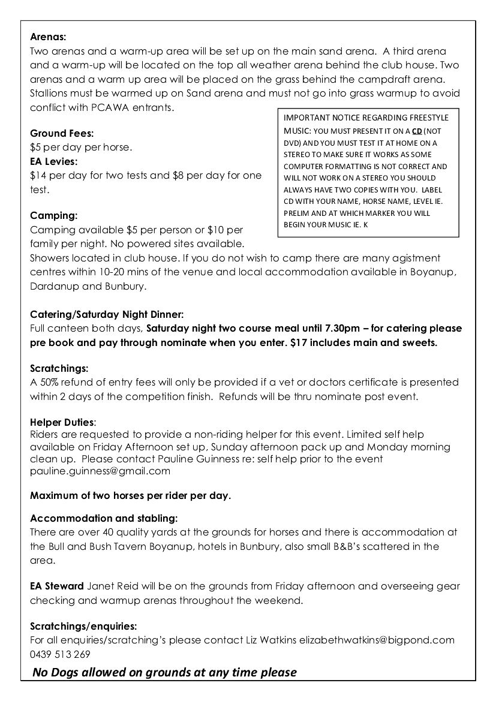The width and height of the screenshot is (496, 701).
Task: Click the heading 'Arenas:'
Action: pos(48,37)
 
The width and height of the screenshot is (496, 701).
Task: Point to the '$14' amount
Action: pos(37,176)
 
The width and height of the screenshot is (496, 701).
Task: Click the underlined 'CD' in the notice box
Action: pos(416,131)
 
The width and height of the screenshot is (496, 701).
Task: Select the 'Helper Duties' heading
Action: pos(62,422)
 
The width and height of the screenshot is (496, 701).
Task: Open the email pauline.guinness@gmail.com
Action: pos(100,471)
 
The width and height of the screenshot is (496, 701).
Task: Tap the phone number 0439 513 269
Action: pos(60,654)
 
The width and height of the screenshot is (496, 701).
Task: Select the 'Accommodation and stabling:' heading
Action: pos(104,518)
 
